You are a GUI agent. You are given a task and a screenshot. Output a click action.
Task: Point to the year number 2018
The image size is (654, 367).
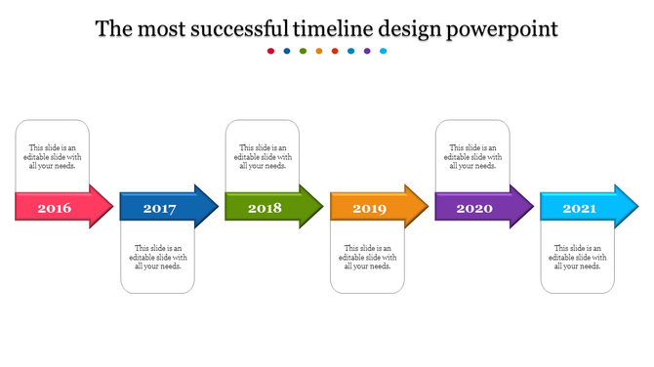click(264, 208)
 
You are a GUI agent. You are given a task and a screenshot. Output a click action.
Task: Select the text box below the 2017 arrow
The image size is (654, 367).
click(157, 258)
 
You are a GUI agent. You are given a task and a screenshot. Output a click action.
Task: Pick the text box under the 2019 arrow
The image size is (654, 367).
click(367, 258)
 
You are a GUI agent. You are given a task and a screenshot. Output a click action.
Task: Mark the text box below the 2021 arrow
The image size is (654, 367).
click(578, 258)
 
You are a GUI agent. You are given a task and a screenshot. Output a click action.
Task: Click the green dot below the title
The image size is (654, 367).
click(303, 51)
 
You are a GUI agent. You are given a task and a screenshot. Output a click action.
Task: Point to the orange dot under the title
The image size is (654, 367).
click(319, 51)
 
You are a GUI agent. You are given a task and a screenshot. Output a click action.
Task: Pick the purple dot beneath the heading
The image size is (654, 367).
click(367, 51)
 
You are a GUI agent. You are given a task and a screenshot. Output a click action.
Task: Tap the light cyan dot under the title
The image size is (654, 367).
click(384, 51)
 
